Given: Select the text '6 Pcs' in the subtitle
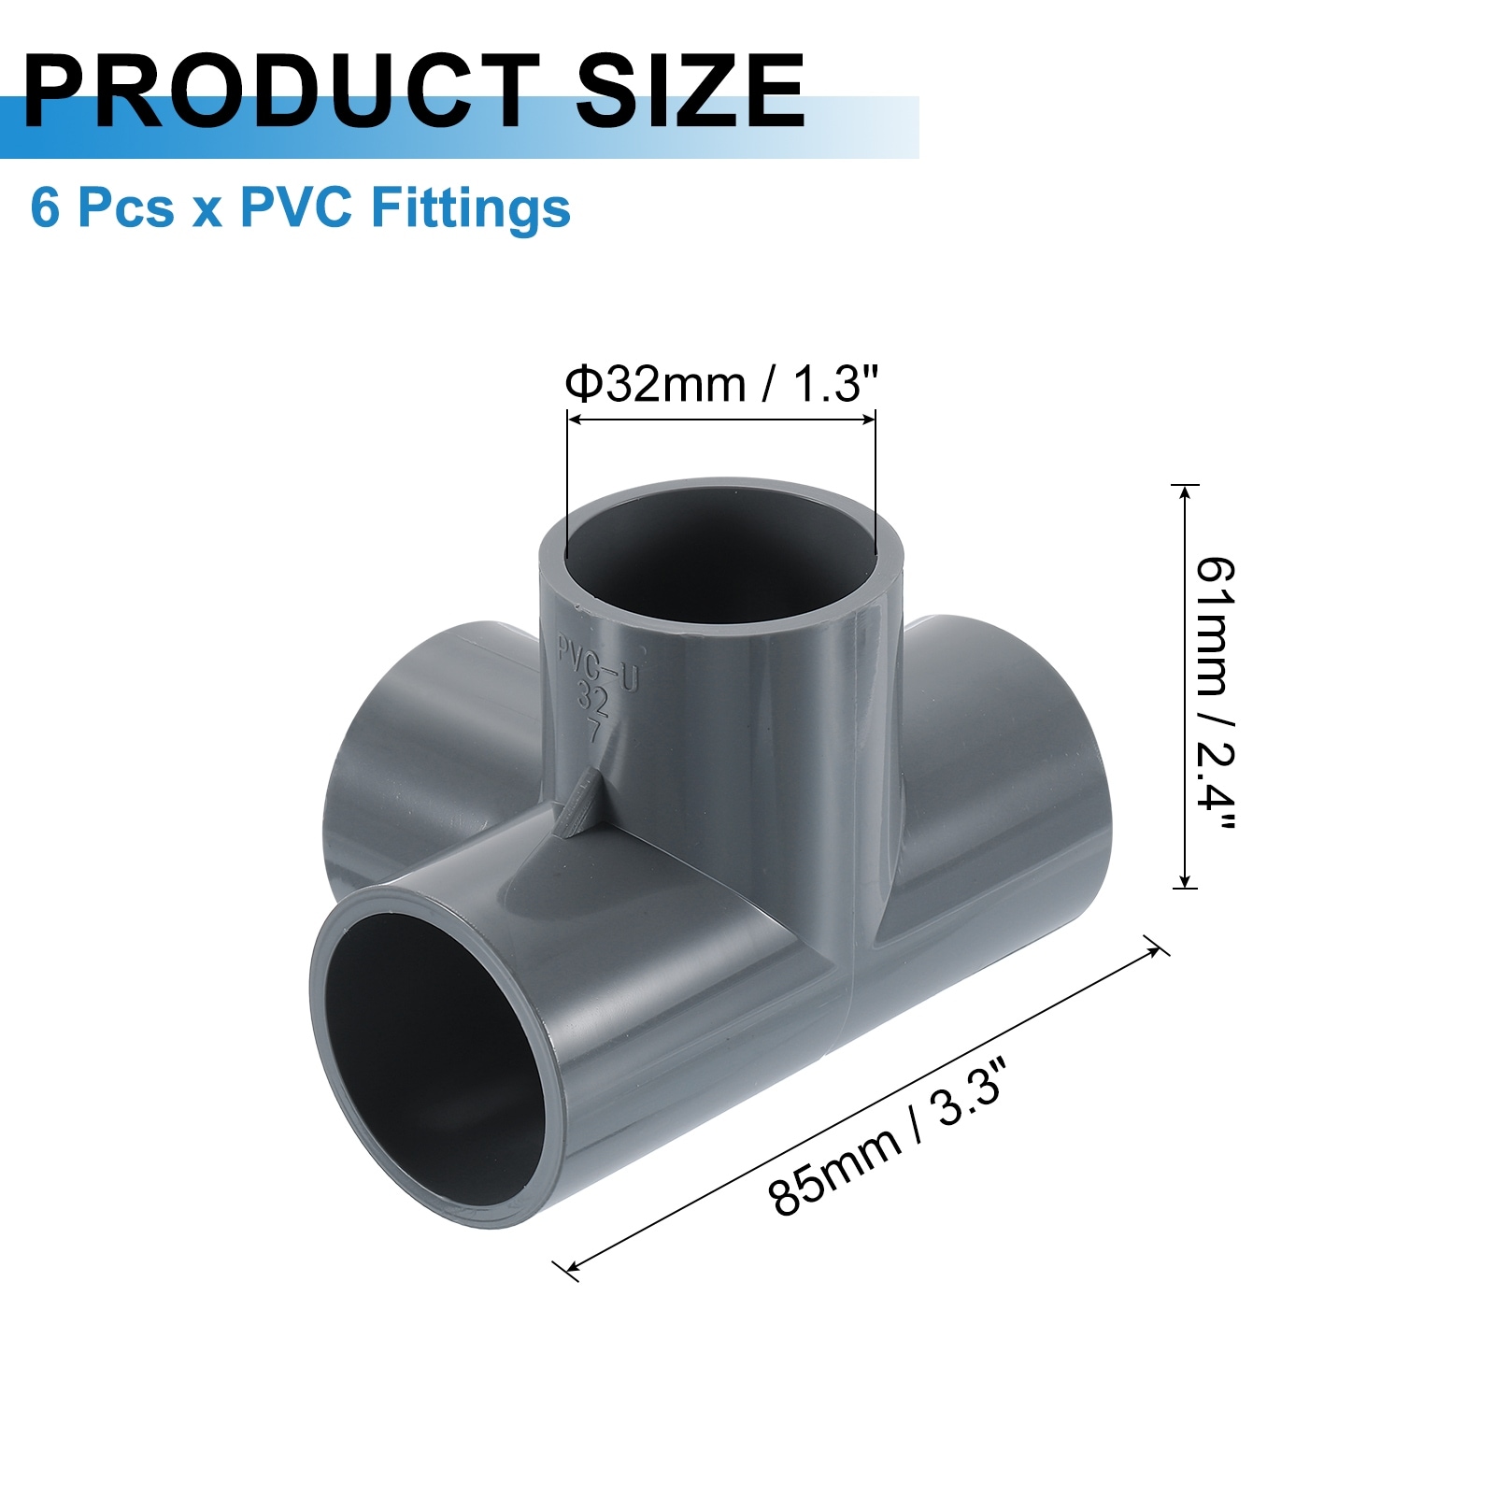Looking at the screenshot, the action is [x=102, y=207].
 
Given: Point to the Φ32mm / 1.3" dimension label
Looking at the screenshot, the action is [x=721, y=383].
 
